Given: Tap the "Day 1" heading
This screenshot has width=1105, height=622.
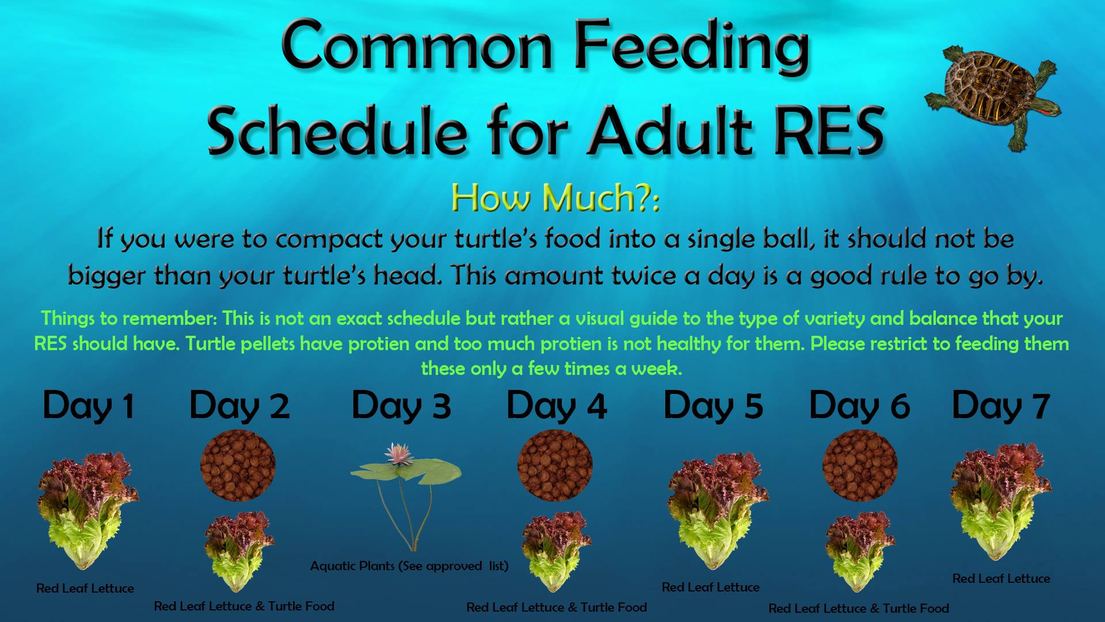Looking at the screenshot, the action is click(89, 406).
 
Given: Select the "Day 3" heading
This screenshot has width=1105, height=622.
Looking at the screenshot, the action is click(401, 406).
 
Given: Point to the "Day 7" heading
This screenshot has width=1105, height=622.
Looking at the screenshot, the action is click(1001, 406).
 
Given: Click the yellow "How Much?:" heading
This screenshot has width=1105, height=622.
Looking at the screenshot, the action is click(555, 198).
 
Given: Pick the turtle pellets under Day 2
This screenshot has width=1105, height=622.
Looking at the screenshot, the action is click(238, 465).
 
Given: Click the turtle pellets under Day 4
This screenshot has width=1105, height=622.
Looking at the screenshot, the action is click(555, 465).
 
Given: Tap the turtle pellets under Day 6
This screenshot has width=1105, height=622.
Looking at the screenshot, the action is click(860, 465).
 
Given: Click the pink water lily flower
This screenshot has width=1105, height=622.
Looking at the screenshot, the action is click(398, 453).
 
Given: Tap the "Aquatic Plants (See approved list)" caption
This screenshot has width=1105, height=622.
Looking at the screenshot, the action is click(409, 566).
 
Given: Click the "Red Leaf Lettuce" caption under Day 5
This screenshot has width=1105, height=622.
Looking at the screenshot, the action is click(711, 587).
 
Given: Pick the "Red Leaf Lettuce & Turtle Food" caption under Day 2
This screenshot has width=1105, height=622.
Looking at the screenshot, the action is click(244, 606).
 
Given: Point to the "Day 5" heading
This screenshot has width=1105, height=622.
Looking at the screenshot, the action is click(713, 406).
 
